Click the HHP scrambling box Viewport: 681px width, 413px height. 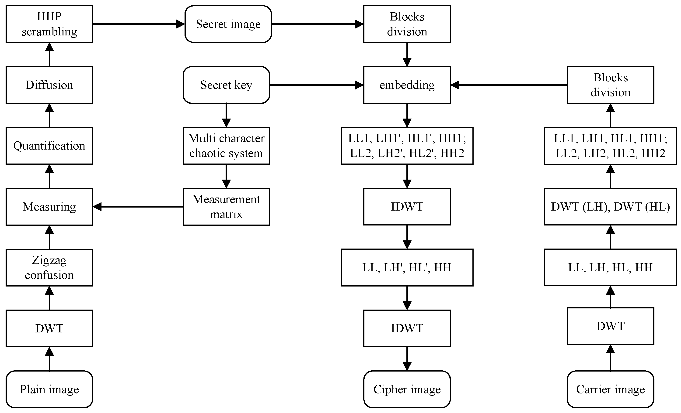[49, 24]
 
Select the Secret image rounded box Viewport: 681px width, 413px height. [228, 24]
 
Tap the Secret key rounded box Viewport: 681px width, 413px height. [226, 85]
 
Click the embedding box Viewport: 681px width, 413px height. [407, 85]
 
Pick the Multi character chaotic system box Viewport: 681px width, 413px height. [226, 146]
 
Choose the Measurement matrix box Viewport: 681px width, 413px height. [226, 207]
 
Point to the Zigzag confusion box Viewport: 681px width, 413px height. [49, 267]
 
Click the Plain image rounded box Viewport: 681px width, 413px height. [49, 389]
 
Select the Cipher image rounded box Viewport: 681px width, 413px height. [407, 389]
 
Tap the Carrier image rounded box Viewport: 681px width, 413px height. [610, 389]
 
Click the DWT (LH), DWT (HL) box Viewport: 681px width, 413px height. [610, 207]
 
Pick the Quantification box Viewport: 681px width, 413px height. [49, 146]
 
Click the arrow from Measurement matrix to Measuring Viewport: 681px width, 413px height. [138, 207]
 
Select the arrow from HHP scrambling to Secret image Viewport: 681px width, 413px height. [138, 24]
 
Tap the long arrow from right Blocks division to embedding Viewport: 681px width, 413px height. [509, 85]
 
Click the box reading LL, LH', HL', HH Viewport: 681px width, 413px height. [407, 267]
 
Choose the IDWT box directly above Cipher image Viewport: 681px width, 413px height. [407, 328]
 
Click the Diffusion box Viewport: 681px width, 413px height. [49, 85]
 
